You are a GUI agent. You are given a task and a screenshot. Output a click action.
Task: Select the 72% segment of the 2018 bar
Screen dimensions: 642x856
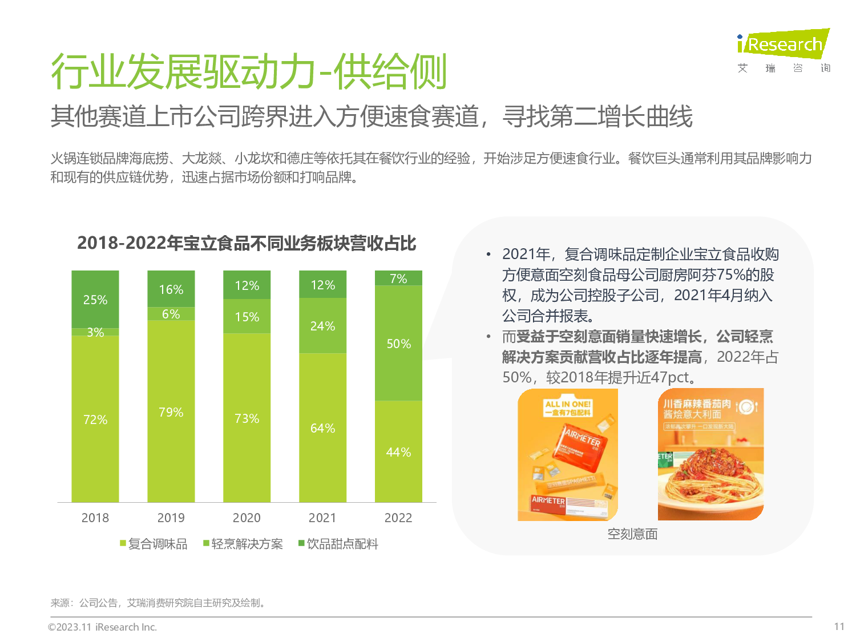click(95, 419)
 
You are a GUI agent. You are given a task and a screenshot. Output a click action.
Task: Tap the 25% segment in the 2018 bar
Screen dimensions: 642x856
click(95, 299)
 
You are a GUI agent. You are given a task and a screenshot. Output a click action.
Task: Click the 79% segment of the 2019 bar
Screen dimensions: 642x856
click(171, 411)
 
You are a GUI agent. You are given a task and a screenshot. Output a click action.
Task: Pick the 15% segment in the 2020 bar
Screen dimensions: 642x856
click(247, 317)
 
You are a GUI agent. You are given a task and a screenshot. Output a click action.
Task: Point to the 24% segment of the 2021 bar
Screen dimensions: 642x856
click(322, 326)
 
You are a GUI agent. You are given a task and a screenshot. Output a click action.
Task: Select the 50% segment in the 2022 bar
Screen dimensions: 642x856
click(398, 344)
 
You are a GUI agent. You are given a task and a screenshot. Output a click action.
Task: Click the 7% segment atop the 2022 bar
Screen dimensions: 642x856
click(398, 278)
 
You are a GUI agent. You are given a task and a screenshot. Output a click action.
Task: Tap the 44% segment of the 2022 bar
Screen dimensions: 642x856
click(398, 452)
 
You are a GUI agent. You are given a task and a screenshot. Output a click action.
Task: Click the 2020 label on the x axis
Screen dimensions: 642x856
click(247, 518)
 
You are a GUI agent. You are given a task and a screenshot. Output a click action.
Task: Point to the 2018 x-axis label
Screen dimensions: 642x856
click(95, 518)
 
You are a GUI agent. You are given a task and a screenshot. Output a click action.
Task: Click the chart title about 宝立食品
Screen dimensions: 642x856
click(247, 244)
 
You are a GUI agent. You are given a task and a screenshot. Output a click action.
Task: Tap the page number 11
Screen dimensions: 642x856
click(839, 627)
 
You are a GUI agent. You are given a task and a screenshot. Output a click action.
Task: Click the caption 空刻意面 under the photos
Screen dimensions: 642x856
click(632, 534)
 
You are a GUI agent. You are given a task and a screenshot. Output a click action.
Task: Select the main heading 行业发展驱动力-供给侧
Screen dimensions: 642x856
click(249, 72)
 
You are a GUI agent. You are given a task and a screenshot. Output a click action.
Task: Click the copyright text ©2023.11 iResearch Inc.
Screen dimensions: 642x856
click(102, 627)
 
